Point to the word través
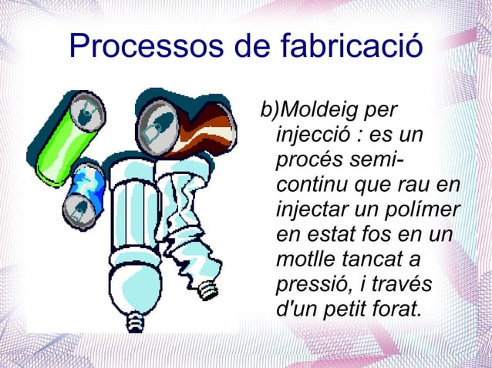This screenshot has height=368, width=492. (401, 284)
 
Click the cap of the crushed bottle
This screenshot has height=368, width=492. (207, 290)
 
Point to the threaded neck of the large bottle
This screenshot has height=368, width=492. (137, 321)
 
